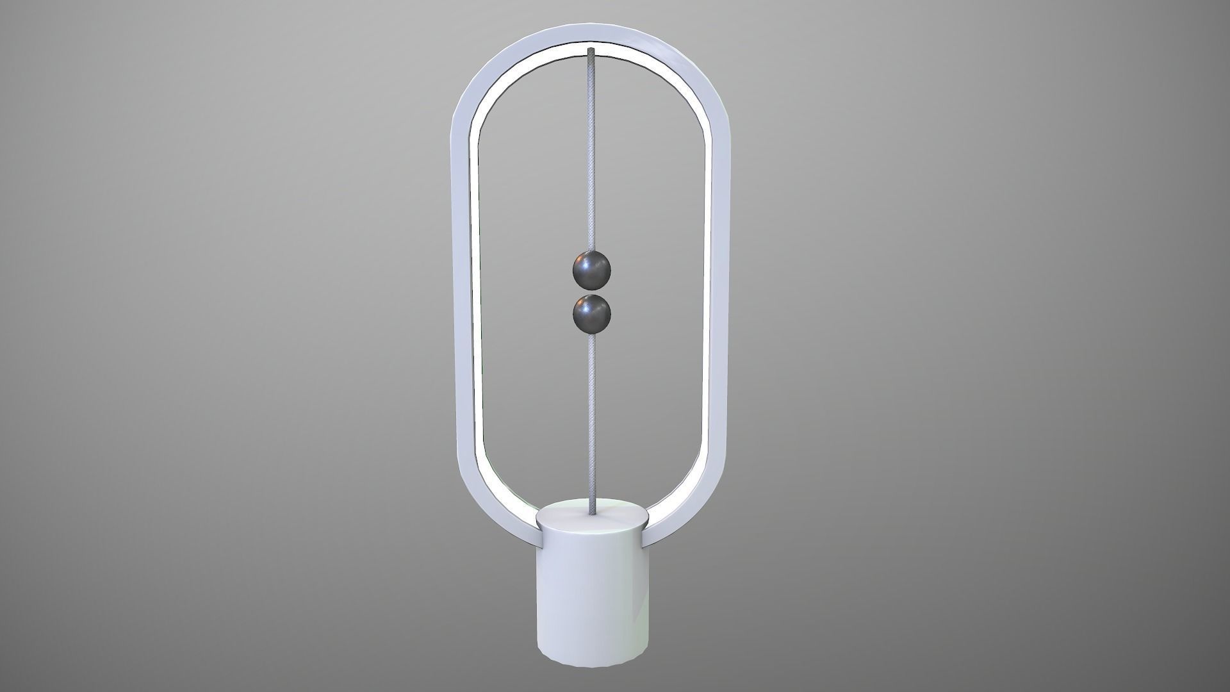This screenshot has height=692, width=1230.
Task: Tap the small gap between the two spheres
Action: pos(590,293)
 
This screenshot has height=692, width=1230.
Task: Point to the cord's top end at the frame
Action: pos(590,51)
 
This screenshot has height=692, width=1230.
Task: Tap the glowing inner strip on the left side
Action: pos(476,288)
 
